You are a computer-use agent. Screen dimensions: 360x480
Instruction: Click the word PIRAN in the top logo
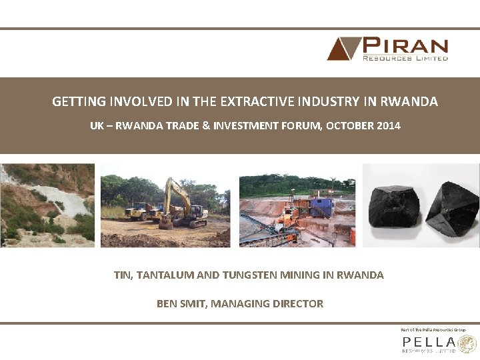[x=405, y=46]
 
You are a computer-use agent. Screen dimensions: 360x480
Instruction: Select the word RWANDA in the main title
[x=409, y=102]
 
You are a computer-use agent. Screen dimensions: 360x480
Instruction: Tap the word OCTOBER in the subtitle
[x=349, y=125]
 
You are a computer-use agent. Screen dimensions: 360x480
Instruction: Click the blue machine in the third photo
[x=321, y=205]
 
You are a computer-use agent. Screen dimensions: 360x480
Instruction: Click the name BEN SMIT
[x=181, y=303]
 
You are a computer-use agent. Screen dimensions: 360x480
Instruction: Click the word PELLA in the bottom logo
[x=428, y=341]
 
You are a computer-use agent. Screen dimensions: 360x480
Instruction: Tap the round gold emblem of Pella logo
[x=468, y=344]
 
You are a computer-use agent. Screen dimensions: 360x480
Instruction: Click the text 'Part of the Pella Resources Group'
[x=431, y=329]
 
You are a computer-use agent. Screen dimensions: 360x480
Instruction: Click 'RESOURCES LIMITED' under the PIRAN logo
[x=405, y=58]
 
